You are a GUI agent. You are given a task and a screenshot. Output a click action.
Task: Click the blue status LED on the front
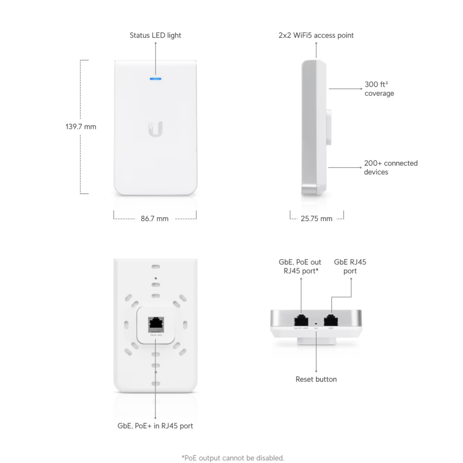tap(156, 79)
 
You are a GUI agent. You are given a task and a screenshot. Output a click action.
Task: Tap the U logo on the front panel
tap(156, 129)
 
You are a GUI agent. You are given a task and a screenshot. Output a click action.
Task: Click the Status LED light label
tap(155, 35)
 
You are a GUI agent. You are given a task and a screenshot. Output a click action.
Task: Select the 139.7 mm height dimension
tap(81, 127)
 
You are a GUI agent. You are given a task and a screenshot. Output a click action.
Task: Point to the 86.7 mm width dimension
tap(155, 219)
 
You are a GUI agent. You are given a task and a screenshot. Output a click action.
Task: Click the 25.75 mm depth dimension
tap(317, 219)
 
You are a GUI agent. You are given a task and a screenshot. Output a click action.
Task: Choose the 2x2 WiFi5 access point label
tap(316, 35)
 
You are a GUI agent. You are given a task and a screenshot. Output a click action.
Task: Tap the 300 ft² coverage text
tap(379, 89)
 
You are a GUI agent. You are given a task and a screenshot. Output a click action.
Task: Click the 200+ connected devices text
tap(391, 167)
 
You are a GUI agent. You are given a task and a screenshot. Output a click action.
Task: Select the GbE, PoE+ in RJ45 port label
tap(155, 425)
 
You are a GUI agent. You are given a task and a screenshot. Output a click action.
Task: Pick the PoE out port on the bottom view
tap(301, 319)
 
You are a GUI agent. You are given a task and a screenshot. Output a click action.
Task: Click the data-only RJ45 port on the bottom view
tap(331, 319)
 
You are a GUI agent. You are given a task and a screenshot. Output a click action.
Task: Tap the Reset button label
tap(316, 379)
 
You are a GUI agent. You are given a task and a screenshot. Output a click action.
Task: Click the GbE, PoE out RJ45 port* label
tap(300, 267)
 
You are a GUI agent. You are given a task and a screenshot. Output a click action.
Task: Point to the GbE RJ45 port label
tap(350, 267)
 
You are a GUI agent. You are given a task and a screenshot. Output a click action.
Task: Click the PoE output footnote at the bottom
tap(233, 458)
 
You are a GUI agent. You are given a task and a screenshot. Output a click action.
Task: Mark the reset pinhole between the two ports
tap(316, 325)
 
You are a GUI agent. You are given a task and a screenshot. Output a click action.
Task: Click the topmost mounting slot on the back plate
tap(156, 267)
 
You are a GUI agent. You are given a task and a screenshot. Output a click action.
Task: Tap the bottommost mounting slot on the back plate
tap(156, 383)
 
